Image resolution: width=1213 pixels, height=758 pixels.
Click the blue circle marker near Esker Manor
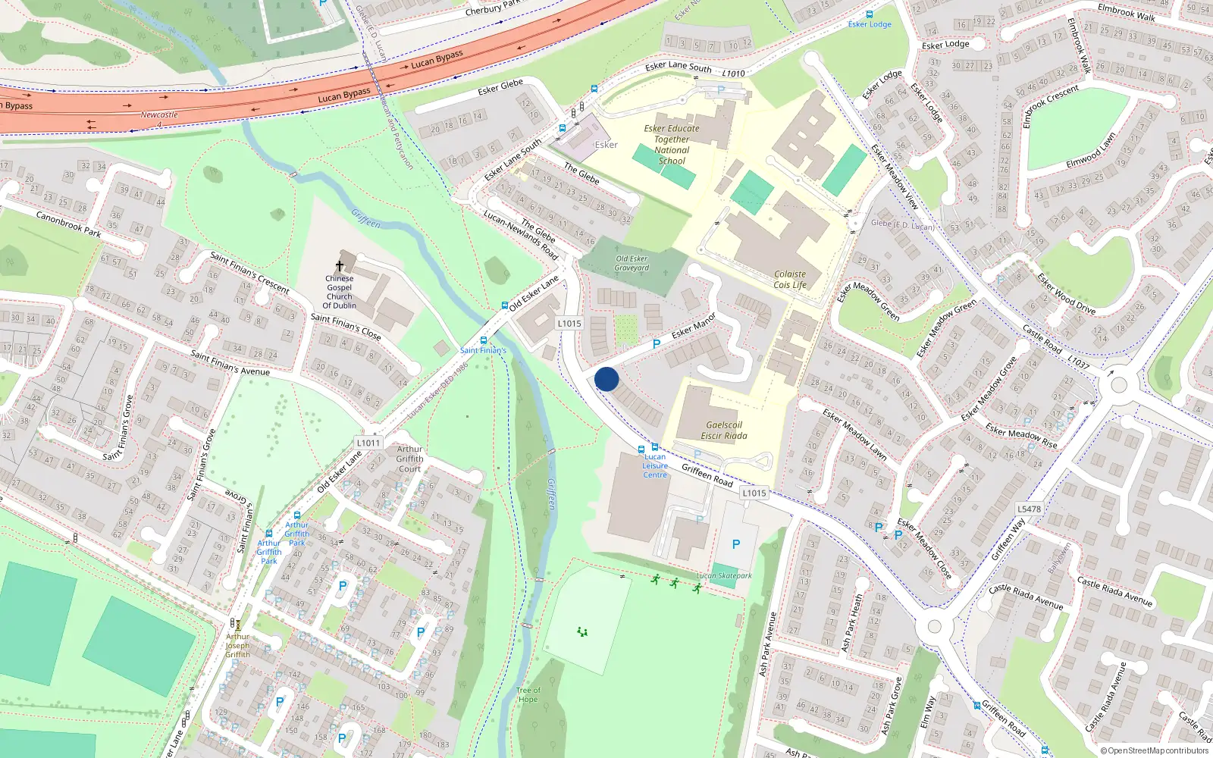click(606, 379)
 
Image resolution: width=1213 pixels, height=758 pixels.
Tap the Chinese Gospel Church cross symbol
click(340, 266)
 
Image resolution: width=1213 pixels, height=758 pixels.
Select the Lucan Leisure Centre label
click(655, 466)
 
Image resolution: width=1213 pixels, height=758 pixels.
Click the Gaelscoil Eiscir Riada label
click(723, 431)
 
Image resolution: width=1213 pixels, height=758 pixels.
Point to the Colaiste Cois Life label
click(790, 280)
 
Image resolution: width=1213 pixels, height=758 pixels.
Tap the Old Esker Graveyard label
click(632, 263)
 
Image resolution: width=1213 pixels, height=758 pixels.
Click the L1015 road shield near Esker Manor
click(569, 323)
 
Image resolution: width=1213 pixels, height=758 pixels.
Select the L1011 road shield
click(368, 443)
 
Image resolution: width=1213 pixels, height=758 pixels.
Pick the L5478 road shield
click(1030, 509)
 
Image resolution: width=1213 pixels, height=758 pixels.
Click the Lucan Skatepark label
click(724, 576)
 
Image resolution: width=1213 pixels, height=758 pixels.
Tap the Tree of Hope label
click(528, 694)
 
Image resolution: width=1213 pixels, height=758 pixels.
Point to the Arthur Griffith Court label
click(409, 459)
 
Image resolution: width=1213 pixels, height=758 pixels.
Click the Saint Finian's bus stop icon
click(484, 341)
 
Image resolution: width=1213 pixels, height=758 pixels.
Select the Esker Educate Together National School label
click(672, 145)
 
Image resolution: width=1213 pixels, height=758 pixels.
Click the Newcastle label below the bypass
click(159, 115)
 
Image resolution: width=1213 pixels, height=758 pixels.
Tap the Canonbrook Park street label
click(68, 224)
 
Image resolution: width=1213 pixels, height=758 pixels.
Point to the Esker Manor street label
click(693, 325)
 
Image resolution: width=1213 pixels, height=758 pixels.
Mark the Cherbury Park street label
click(493, 8)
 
